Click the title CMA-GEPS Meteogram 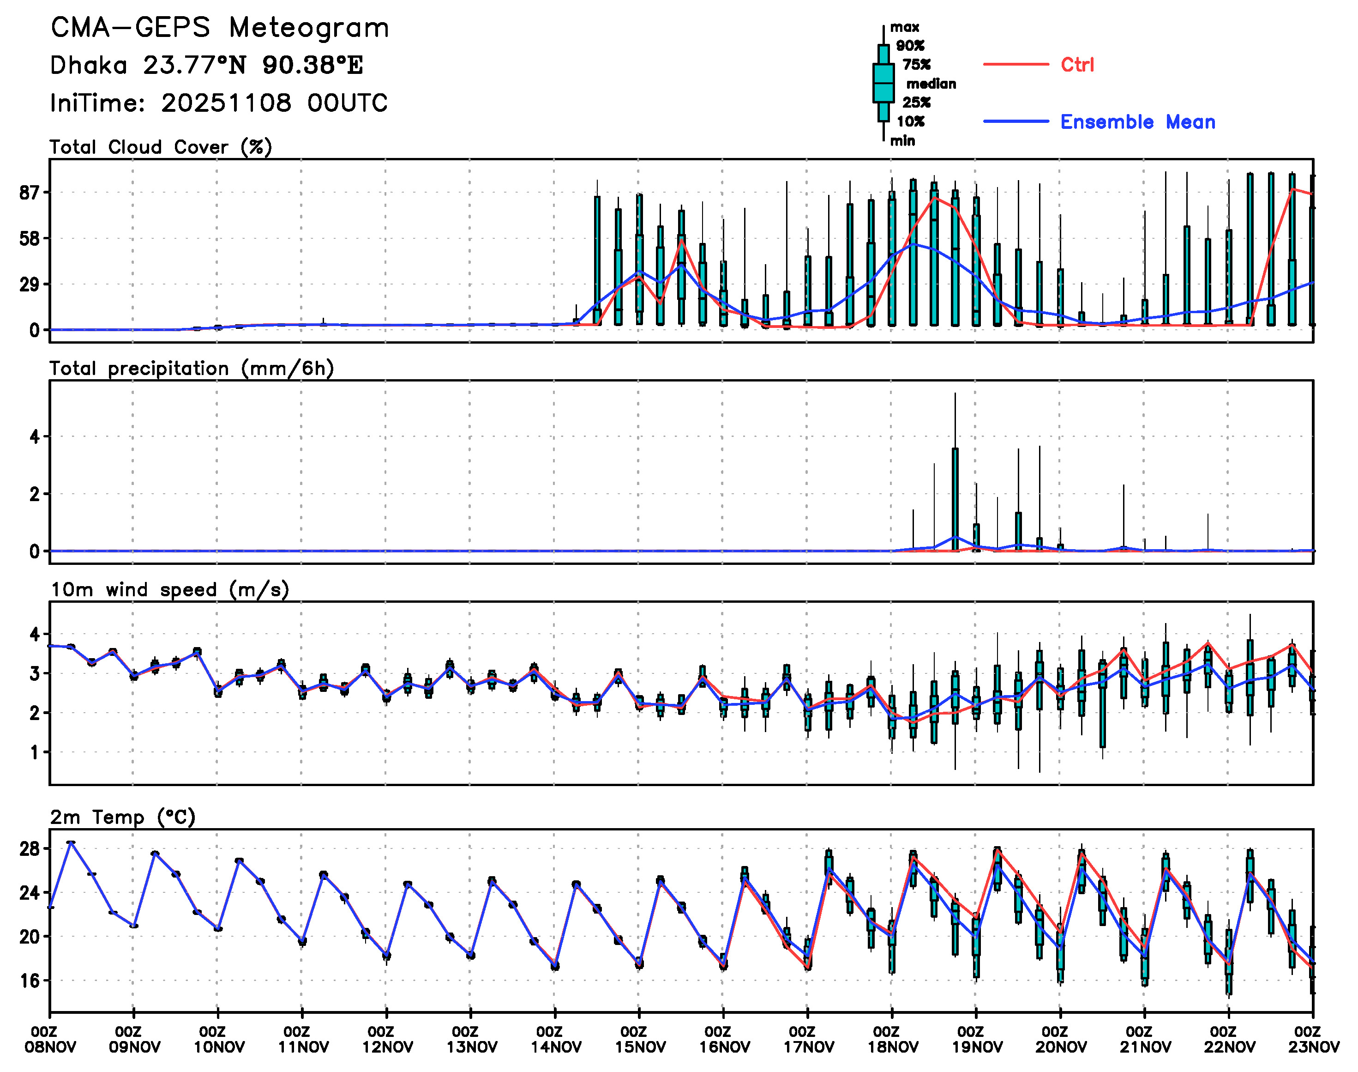click(x=220, y=28)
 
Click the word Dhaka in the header click(x=89, y=65)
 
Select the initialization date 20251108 click(x=226, y=103)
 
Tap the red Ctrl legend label click(x=1077, y=65)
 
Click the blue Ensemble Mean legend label click(x=1137, y=122)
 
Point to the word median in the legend click(x=931, y=84)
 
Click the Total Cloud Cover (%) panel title click(x=161, y=147)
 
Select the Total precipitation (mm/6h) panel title click(x=191, y=369)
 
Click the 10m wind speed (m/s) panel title click(x=169, y=590)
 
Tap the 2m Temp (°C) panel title click(x=123, y=817)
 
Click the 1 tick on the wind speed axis click(x=35, y=752)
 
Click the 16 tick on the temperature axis click(x=30, y=981)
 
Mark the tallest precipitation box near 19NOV click(x=955, y=499)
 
